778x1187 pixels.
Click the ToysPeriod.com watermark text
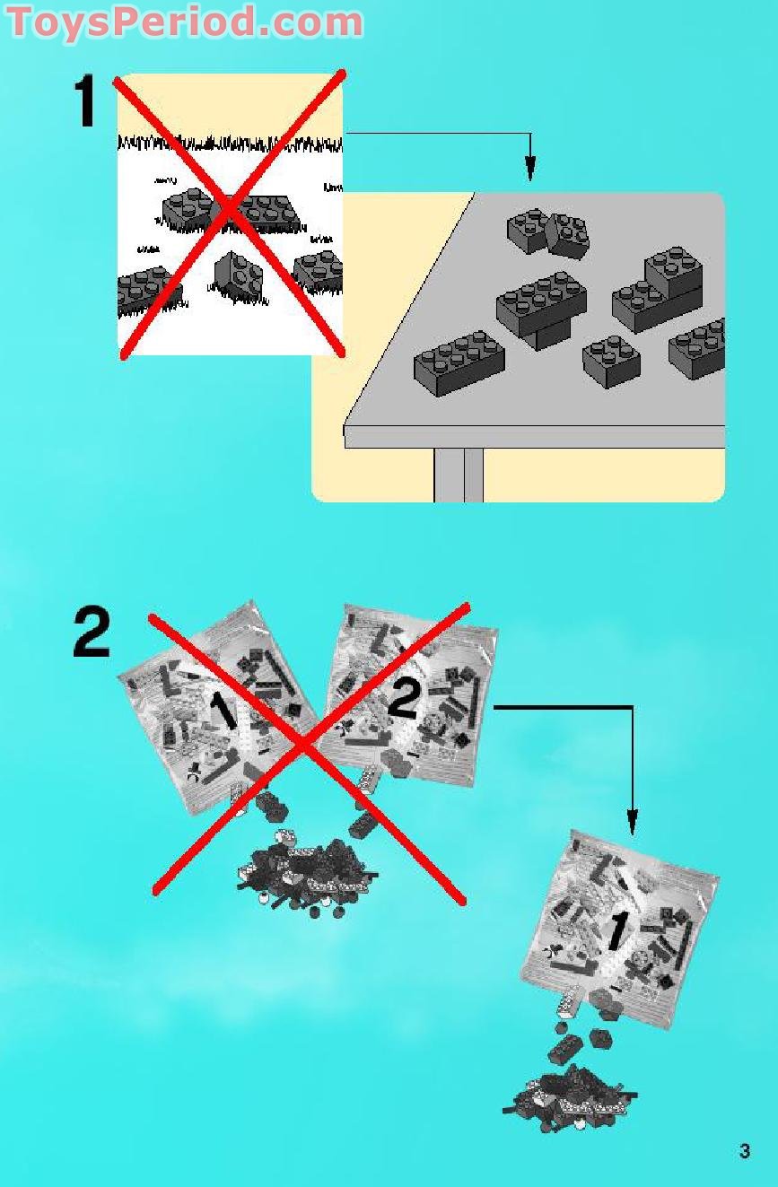tap(185, 22)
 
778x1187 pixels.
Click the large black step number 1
tap(84, 100)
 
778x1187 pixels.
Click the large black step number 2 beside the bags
tap(92, 633)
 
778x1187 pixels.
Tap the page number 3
tap(745, 1151)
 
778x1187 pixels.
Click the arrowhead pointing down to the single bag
tap(633, 823)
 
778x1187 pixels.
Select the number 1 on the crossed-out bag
tap(224, 710)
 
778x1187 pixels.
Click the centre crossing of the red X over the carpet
tap(229, 211)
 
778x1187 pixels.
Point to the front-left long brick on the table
tap(459, 363)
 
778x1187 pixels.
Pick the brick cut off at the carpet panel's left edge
tap(148, 291)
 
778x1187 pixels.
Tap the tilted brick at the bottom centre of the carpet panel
tap(239, 275)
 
